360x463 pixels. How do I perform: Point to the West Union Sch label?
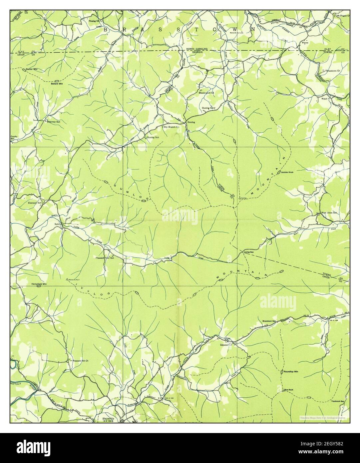click(329, 212)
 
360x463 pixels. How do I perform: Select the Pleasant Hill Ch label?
click(79, 360)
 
